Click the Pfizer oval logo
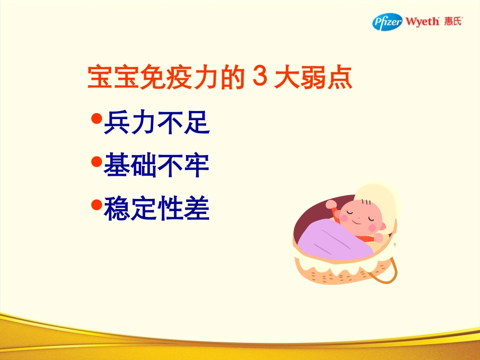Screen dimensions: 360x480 pos(388,22)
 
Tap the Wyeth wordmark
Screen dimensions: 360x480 pos(422,23)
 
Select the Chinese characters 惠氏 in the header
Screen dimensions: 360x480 pos(453,22)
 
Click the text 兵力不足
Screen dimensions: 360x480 pos(157,122)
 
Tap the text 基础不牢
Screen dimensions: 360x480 pos(157,165)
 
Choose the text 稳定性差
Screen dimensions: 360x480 pos(157,208)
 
